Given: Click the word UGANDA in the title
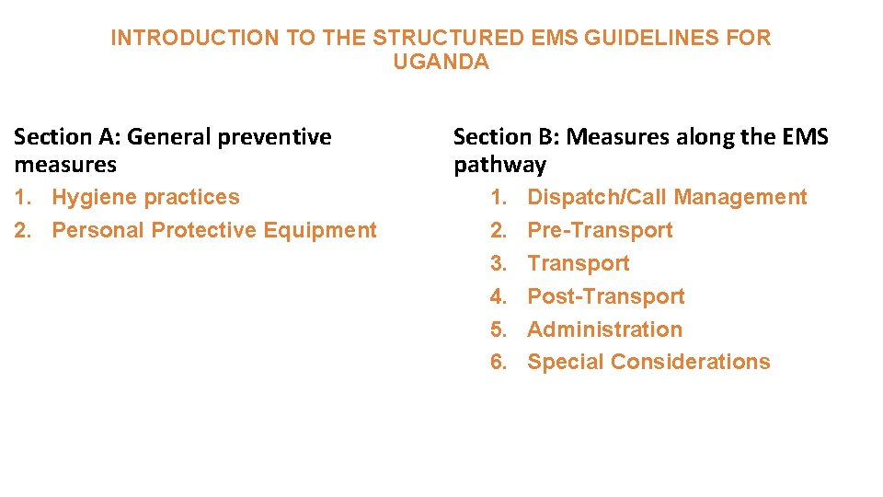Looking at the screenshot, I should point(441,63).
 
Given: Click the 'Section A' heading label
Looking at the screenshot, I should point(68,137).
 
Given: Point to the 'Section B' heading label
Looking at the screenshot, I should point(507,137).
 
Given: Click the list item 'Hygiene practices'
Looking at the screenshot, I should point(145,197).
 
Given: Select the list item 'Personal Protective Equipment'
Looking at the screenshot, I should point(214,230).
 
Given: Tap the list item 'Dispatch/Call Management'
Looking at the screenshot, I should point(667,197).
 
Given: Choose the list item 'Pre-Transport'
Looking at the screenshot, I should point(600,230).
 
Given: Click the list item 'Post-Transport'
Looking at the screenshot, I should point(605,296).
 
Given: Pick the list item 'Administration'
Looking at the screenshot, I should point(604,329).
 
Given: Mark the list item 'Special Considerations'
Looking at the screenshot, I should point(648,362).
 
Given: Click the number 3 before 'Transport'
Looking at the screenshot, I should point(499,263).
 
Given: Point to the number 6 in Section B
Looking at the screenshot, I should point(499,362).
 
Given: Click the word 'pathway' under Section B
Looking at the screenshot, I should point(499,166).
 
